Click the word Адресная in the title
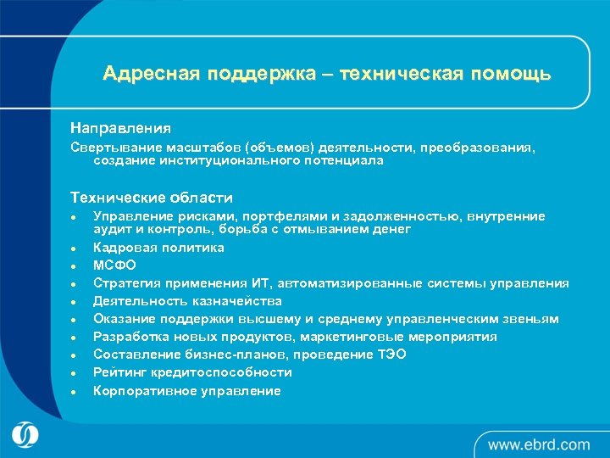149,74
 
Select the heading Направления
120,129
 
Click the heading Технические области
151,198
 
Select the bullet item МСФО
112,265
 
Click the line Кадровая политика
158,248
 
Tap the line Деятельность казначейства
187,301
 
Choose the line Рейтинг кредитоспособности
192,372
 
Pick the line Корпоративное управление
186,390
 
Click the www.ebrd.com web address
538,444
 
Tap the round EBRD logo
26,434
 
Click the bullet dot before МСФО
75,266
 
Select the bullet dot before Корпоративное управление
75,391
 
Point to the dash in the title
327,75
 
